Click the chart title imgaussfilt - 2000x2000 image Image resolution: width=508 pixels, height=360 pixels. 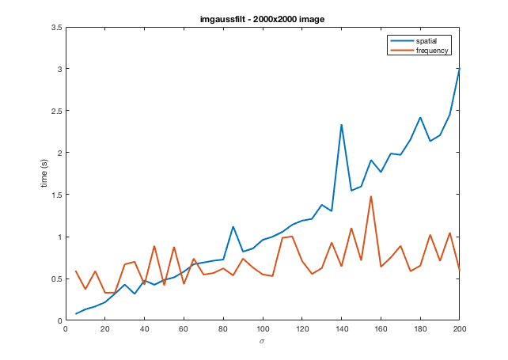tap(262, 18)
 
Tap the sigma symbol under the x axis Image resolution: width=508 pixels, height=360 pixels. tap(262, 342)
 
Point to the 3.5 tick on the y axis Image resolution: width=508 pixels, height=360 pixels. tap(56, 28)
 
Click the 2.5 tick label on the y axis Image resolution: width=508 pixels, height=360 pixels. tap(56, 112)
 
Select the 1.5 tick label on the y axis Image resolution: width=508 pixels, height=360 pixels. tap(56, 195)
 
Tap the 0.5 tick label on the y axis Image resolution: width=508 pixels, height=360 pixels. tap(56, 279)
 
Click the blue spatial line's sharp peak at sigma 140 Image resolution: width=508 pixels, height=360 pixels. tap(341, 125)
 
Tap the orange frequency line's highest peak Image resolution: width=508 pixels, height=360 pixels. tap(370, 196)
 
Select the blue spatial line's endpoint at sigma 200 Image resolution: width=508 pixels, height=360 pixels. tap(459, 69)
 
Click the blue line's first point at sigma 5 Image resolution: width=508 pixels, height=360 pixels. tap(76, 313)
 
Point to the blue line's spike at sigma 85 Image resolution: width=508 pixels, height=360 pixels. tap(233, 227)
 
